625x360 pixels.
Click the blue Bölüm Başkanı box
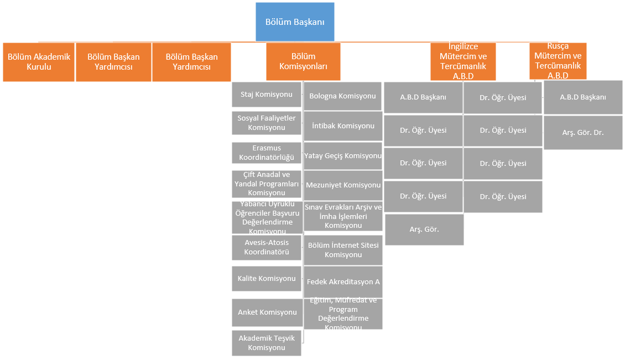tap(295, 22)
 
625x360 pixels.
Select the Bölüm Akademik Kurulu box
tap(39, 62)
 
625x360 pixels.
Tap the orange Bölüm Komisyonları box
tap(303, 62)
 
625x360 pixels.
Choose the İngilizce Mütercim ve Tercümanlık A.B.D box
tap(463, 62)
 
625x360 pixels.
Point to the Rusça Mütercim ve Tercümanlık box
tap(558, 61)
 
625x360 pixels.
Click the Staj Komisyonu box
tap(267, 95)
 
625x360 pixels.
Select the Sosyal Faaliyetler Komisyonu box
tap(267, 123)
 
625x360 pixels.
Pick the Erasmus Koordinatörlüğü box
tap(267, 153)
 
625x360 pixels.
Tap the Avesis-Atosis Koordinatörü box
tap(267, 247)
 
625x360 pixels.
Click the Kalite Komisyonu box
tap(267, 279)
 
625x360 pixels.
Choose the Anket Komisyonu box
tap(267, 312)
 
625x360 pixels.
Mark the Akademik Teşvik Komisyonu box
tap(267, 343)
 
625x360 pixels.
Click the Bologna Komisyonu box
tap(342, 96)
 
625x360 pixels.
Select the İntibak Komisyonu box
tap(343, 126)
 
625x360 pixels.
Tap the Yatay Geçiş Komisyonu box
tap(343, 156)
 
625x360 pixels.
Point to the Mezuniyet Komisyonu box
tap(343, 185)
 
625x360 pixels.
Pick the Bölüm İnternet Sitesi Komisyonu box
tap(343, 250)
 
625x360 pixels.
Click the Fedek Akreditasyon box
tap(343, 282)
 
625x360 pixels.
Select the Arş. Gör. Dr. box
tap(583, 133)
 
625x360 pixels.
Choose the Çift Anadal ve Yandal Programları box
tap(267, 184)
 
